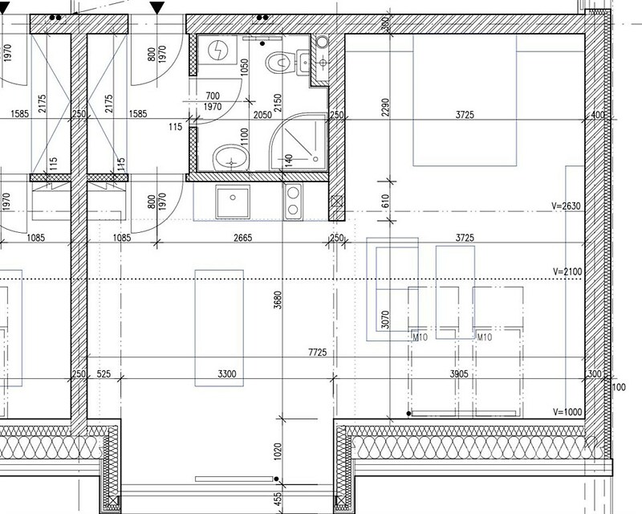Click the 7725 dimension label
(317, 352)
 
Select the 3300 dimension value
(227, 373)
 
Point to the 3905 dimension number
(459, 373)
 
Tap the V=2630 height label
(567, 206)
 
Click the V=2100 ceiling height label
(567, 271)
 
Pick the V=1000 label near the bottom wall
(567, 412)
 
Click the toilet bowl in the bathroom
(280, 63)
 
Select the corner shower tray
(299, 142)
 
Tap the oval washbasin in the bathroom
(231, 157)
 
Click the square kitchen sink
(233, 202)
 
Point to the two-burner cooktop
(293, 201)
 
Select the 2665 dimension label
(242, 238)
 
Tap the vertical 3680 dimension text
(278, 300)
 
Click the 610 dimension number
(385, 201)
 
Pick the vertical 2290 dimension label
(385, 107)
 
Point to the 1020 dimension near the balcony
(278, 451)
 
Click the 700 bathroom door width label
(213, 96)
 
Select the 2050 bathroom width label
(262, 115)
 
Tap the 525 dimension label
(104, 373)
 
